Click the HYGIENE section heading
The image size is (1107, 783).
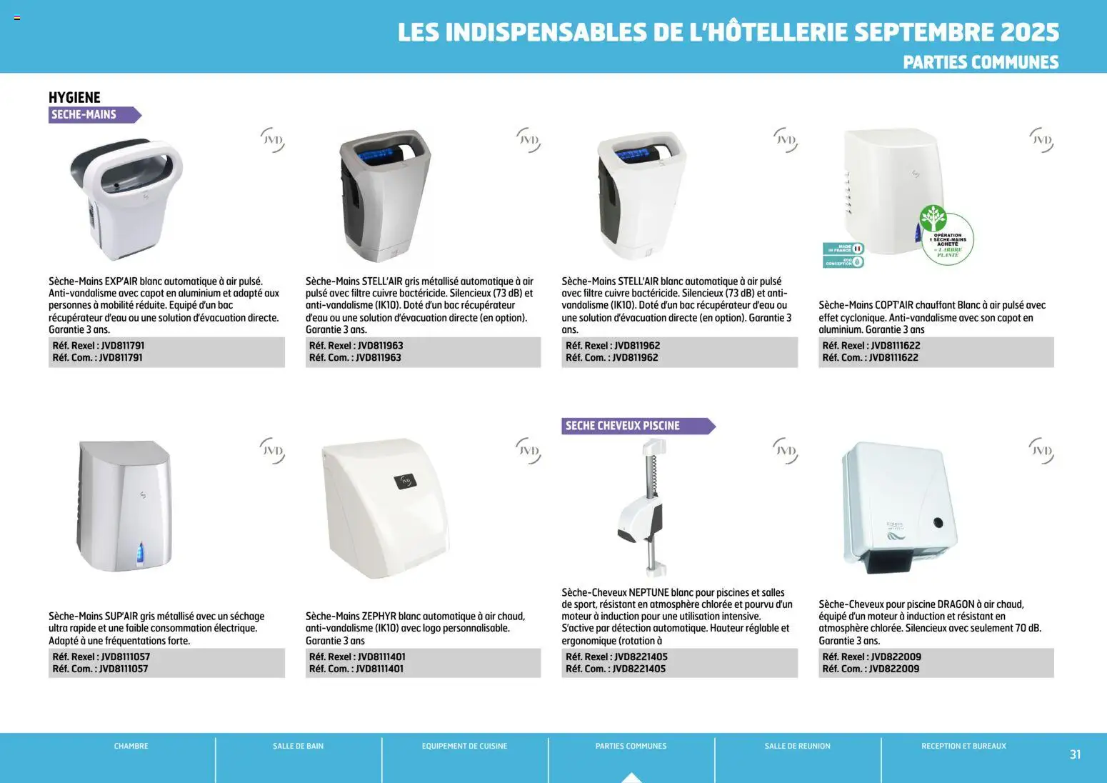click(74, 97)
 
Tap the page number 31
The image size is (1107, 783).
click(1075, 754)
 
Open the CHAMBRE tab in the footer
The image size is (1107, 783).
click(131, 746)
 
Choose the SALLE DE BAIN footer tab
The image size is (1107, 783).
click(298, 746)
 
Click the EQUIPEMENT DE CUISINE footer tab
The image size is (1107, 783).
click(464, 746)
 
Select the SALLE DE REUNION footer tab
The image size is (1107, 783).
click(797, 746)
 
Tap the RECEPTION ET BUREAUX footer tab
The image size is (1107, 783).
click(963, 746)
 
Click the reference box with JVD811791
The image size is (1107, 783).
click(166, 351)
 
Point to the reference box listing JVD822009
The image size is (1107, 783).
click(936, 662)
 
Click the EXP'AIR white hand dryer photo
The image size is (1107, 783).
click(127, 196)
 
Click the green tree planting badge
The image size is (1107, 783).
click(946, 237)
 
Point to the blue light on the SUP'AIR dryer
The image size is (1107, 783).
click(140, 552)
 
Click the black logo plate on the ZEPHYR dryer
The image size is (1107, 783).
click(406, 481)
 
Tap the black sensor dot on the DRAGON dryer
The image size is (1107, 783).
click(938, 522)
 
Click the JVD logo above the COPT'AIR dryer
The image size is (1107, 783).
click(1041, 140)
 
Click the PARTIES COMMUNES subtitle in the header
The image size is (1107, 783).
click(980, 62)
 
